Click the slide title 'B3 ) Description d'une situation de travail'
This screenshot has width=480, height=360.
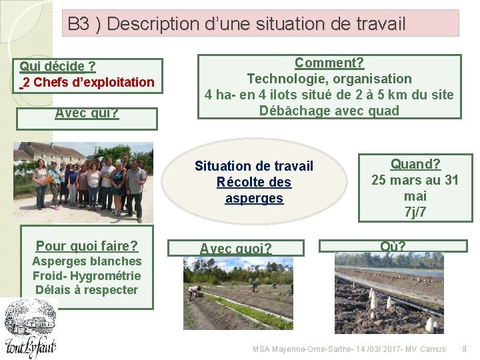pyautogui.click(x=236, y=24)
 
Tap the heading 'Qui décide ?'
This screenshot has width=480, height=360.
pyautogui.click(x=57, y=66)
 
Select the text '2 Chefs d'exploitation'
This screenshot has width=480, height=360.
pyautogui.click(x=89, y=83)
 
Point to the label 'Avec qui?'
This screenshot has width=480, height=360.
pyautogui.click(x=87, y=113)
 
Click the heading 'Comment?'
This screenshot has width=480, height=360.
pyautogui.click(x=329, y=63)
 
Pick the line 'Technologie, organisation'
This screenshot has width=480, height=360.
pyautogui.click(x=329, y=79)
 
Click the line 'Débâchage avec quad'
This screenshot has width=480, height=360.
pyautogui.click(x=329, y=111)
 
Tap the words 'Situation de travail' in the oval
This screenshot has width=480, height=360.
pyautogui.click(x=254, y=166)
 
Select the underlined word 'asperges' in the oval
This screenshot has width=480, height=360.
pyautogui.click(x=254, y=198)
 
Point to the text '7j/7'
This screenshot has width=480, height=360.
pyautogui.click(x=415, y=212)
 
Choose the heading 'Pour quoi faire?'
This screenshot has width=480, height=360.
pyautogui.click(x=87, y=245)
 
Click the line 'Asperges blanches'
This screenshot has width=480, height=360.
pyautogui.click(x=87, y=261)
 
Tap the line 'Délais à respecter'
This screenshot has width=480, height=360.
pyautogui.click(x=87, y=290)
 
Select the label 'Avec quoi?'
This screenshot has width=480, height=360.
pyautogui.click(x=236, y=249)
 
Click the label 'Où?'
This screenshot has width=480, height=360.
pyautogui.click(x=393, y=247)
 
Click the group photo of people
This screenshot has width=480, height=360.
pyautogui.click(x=83, y=181)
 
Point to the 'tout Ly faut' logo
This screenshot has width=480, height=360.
pyautogui.click(x=29, y=328)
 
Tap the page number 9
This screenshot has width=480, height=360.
pyautogui.click(x=465, y=349)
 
